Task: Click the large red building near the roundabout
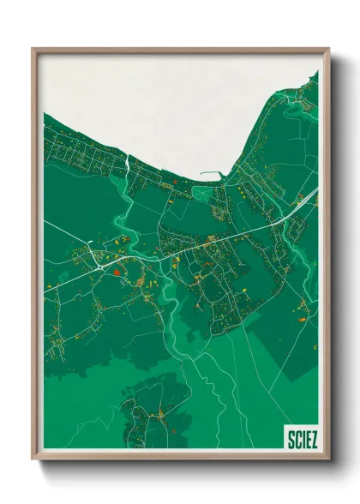tap(117, 271)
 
